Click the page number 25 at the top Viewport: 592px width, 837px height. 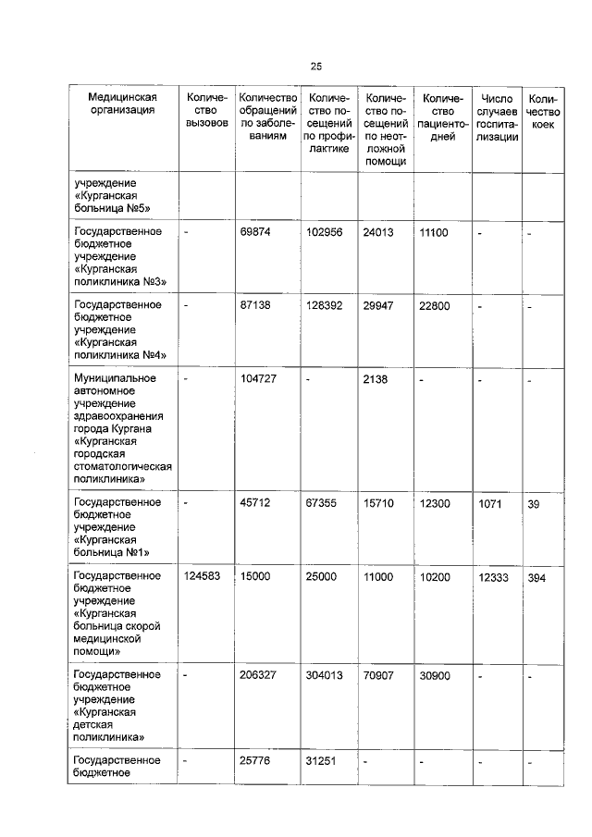(315, 67)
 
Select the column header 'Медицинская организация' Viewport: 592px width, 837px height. (122, 105)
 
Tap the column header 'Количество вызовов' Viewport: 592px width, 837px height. (205, 111)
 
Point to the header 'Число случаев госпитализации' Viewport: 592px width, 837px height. (498, 117)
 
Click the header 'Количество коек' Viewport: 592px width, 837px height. (542, 111)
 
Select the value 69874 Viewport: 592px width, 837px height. (254, 232)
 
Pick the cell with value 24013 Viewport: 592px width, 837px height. (379, 232)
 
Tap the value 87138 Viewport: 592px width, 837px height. (254, 305)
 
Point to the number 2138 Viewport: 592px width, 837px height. (376, 378)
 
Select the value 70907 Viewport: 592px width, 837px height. (379, 675)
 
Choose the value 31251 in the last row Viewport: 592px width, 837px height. (322, 761)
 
